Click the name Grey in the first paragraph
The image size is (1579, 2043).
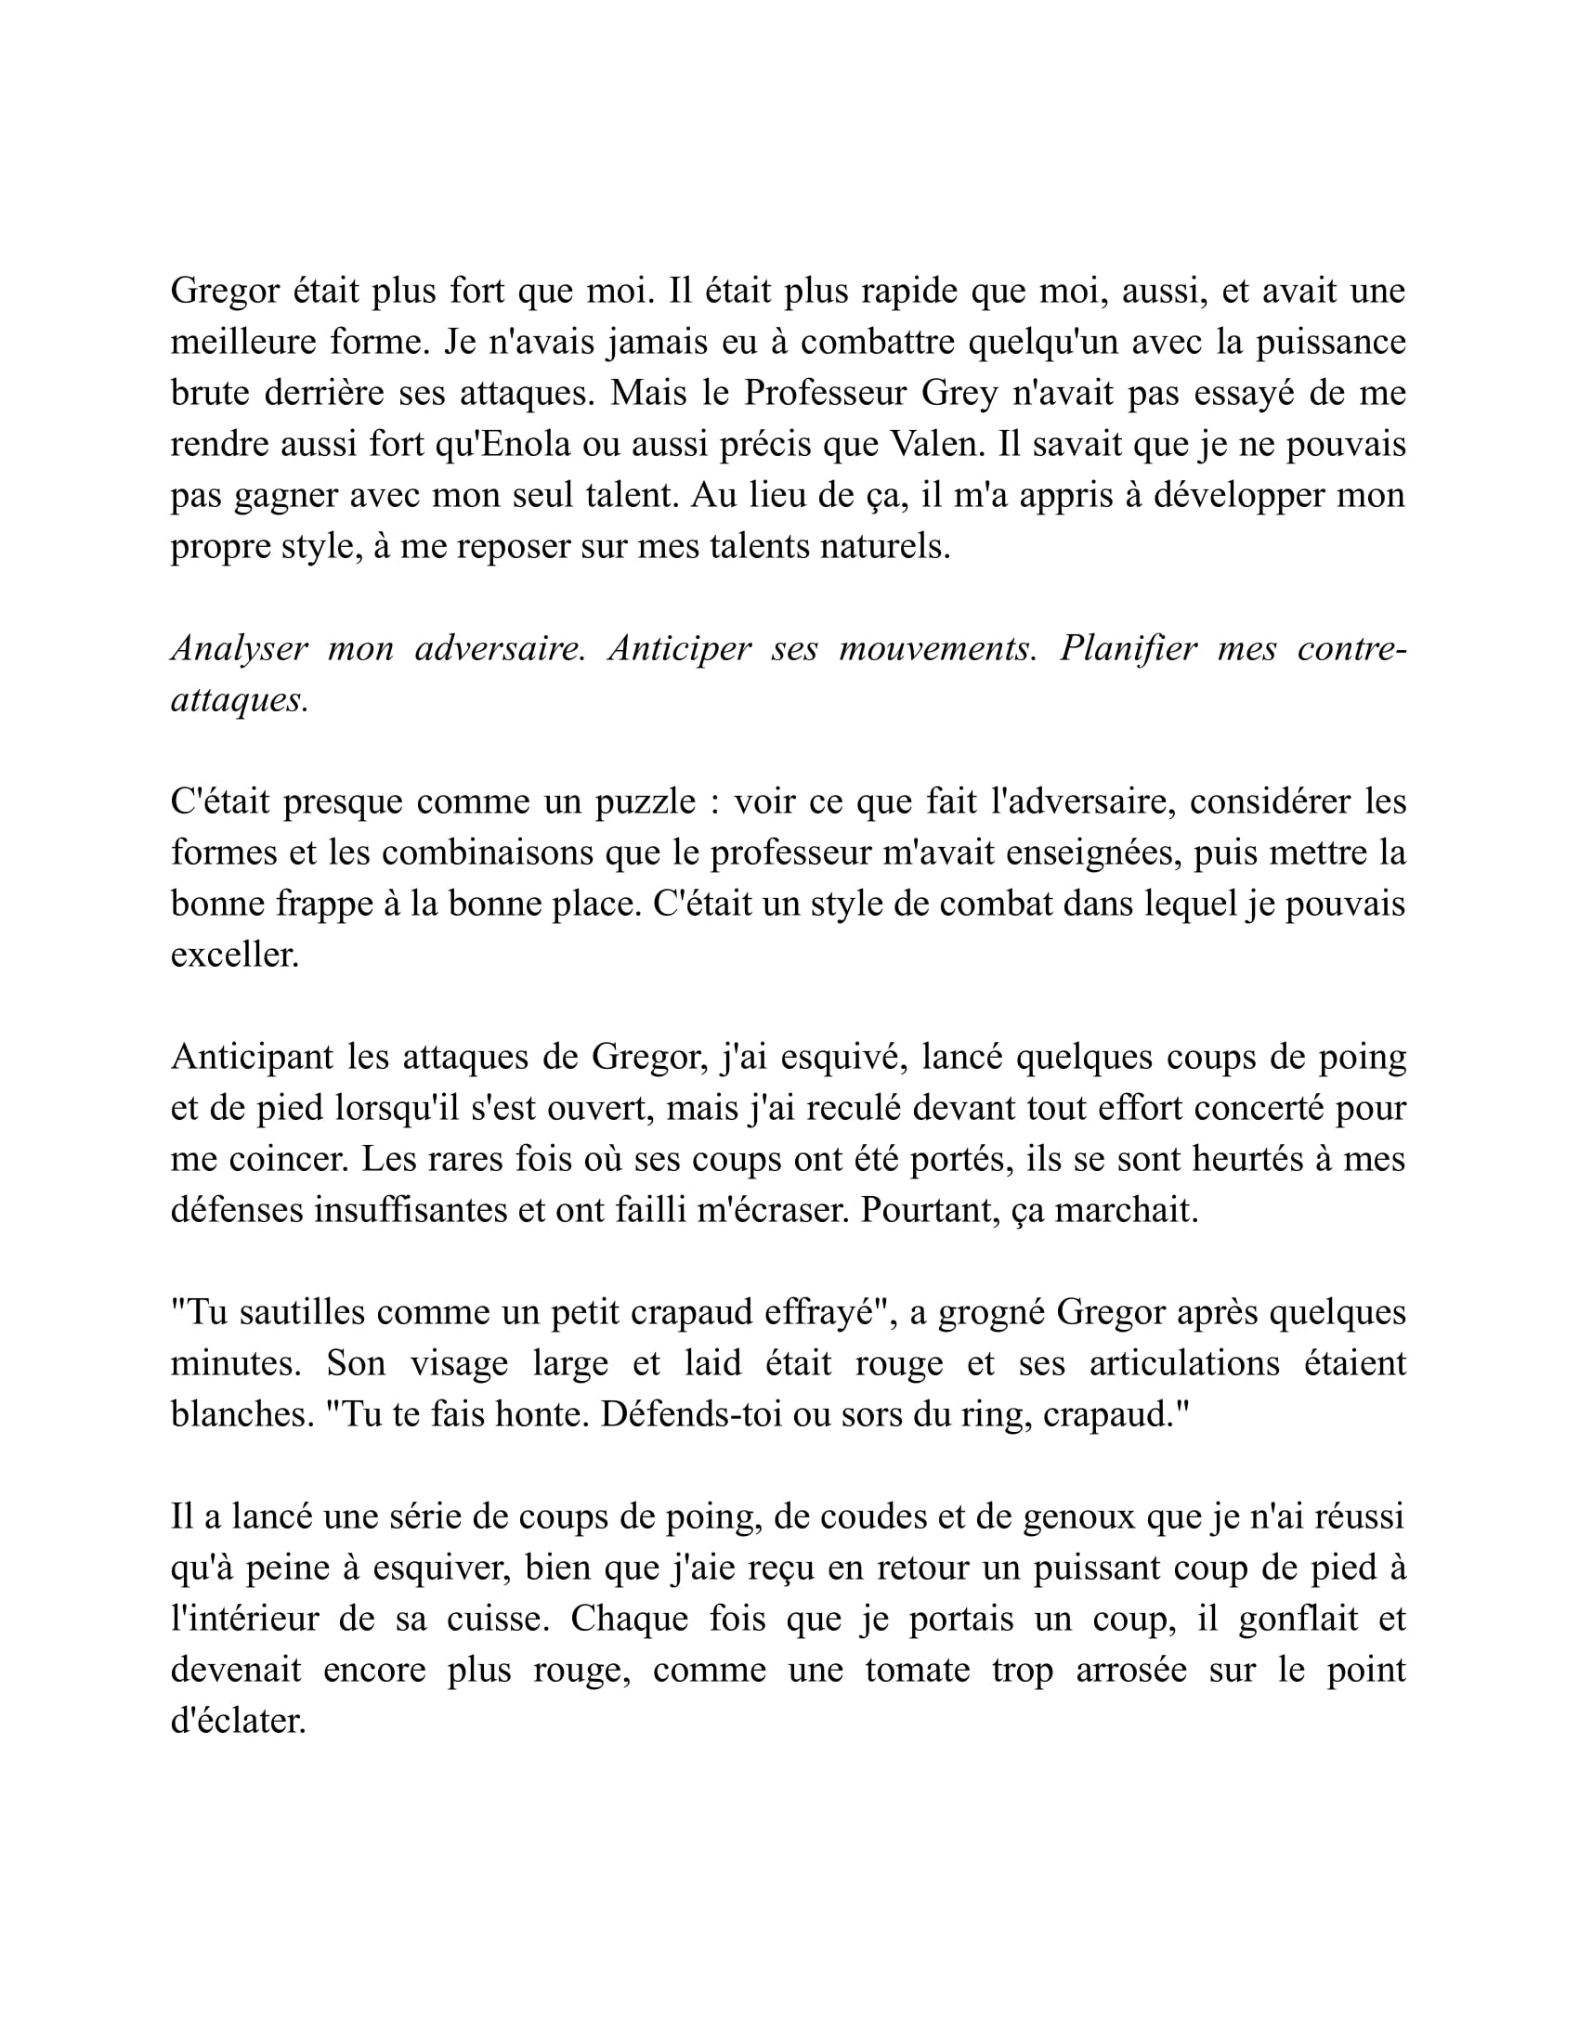[x=959, y=393]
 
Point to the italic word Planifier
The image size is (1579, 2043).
[x=1129, y=648]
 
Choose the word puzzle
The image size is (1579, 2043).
[x=646, y=801]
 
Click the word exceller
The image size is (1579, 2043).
[x=234, y=955]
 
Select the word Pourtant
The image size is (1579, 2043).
[x=931, y=1210]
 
